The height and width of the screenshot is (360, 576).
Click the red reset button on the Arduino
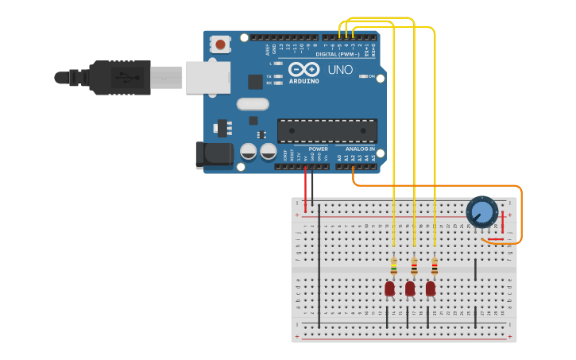pyautogui.click(x=220, y=44)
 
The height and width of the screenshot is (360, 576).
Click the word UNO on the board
pyautogui.click(x=340, y=70)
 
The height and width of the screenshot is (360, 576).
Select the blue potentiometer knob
pyautogui.click(x=481, y=211)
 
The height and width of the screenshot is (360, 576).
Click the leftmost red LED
pyautogui.click(x=389, y=288)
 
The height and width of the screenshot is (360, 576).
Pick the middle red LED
pyautogui.click(x=410, y=288)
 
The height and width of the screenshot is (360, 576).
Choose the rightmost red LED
pyautogui.click(x=431, y=288)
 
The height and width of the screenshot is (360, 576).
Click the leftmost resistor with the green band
pyautogui.click(x=393, y=266)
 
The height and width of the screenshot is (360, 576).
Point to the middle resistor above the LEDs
pyautogui.click(x=414, y=266)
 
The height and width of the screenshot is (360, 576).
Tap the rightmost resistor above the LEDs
pyautogui.click(x=435, y=266)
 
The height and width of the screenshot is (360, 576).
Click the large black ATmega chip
pyautogui.click(x=327, y=131)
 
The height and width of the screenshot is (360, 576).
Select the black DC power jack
pyautogui.click(x=214, y=155)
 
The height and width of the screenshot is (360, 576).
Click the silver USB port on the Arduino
pyautogui.click(x=207, y=78)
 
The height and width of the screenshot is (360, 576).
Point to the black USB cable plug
pyautogui.click(x=119, y=78)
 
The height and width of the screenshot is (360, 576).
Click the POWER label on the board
pyautogui.click(x=318, y=149)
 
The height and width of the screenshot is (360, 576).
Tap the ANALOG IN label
pyautogui.click(x=359, y=149)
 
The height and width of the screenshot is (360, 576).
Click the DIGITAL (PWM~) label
pyautogui.click(x=338, y=54)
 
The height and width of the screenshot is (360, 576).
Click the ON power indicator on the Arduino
pyautogui.click(x=368, y=76)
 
